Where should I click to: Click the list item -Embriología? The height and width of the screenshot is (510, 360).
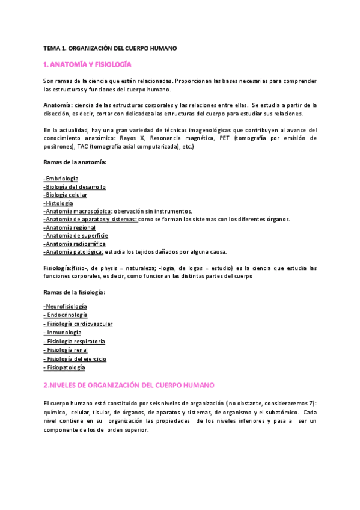[x=61, y=179]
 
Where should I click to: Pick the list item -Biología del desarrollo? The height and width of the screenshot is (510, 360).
[x=75, y=187]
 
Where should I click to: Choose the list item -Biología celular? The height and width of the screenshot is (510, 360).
[x=66, y=195]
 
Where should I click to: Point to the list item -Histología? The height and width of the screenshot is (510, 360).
[x=59, y=203]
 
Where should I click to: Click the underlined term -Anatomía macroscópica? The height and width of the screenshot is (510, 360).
[x=78, y=211]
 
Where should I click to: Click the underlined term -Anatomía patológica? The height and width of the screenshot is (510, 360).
[x=74, y=252]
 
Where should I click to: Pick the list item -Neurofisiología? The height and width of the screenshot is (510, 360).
[x=66, y=306]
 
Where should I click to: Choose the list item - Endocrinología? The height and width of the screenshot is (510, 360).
[x=66, y=315]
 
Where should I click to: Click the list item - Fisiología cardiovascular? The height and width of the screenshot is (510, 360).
[x=78, y=324]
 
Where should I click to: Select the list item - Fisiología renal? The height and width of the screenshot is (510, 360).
[x=66, y=349]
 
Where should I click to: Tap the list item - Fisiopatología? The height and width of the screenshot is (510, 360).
[x=64, y=367]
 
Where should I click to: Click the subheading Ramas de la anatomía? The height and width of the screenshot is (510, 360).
[x=75, y=162]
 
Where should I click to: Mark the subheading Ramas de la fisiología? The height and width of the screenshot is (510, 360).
[x=75, y=292]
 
